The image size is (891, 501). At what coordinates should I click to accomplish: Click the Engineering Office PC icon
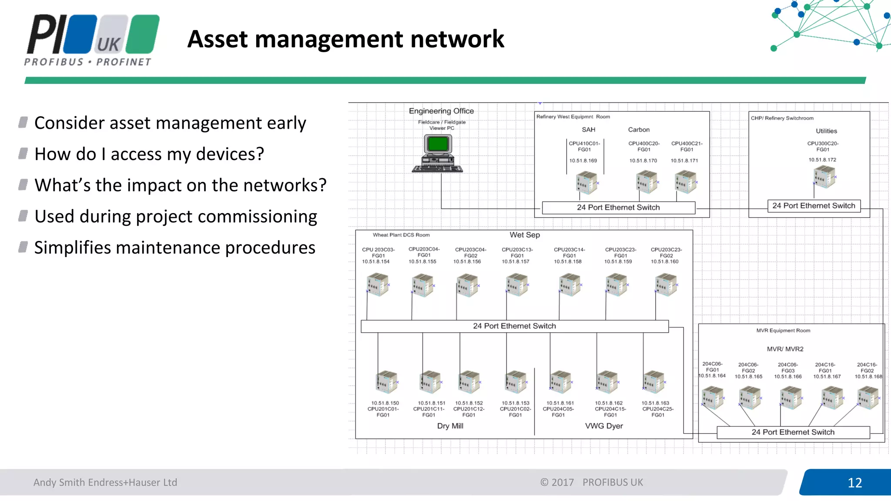pos(438,153)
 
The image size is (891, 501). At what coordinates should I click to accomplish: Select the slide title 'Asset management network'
pos(345,39)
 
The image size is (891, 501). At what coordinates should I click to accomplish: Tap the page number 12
pos(854,482)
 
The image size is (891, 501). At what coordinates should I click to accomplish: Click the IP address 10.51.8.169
pos(583,160)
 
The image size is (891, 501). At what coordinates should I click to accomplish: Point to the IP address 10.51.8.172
pos(822,160)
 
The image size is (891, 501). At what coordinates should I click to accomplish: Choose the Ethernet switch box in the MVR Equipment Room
pos(793,432)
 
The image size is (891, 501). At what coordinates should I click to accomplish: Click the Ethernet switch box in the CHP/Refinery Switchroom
pos(814,206)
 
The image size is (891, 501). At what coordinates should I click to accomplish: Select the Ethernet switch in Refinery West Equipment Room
pos(618,207)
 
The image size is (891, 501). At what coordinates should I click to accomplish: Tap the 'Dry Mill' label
pos(450,426)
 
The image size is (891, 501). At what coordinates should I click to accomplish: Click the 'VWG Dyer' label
pos(604,426)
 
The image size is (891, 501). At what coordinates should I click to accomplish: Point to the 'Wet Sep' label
pos(525,235)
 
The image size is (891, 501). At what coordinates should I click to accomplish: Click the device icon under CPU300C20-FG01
pos(824,177)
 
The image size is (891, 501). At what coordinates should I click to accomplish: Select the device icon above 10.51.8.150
pos(386,381)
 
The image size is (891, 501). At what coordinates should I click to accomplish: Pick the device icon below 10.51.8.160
pos(666,284)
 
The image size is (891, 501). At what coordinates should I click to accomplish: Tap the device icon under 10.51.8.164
pos(713,398)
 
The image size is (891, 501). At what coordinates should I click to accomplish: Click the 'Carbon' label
pos(639,130)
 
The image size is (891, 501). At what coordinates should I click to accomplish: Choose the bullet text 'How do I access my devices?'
pos(149,154)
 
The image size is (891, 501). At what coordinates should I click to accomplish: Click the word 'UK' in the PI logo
pos(108,44)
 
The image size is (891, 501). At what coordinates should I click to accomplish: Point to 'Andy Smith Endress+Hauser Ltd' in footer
pos(105,482)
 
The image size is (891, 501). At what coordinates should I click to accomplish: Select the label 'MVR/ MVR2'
pos(785,349)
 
